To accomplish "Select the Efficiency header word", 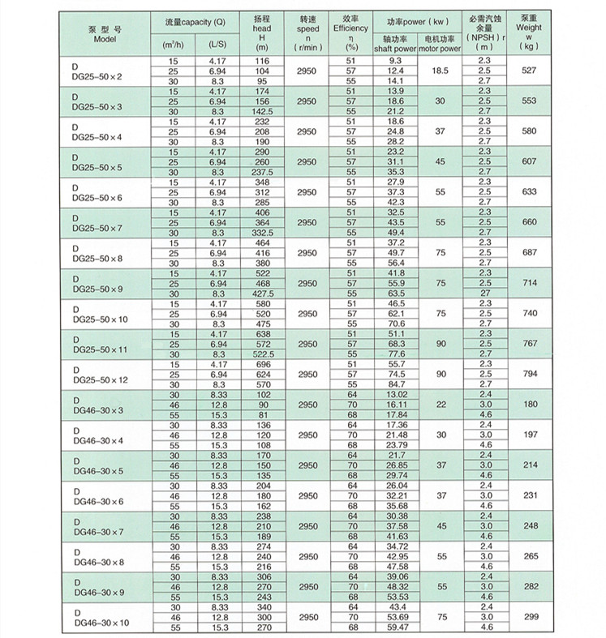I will tap(350, 28).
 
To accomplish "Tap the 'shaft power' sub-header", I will tap(395, 49).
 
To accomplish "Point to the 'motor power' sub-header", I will tap(441, 49).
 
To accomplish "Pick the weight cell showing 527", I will tap(529, 71).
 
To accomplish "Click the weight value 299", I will tap(529, 617).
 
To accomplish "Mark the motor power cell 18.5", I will tap(441, 71).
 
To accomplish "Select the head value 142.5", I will tap(262, 111).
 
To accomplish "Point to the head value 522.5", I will tap(262, 354).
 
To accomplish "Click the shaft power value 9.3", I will tap(395, 62).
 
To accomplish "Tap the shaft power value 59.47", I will tap(395, 627).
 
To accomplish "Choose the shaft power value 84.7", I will tap(395, 384).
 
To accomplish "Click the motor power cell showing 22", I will tap(441, 405).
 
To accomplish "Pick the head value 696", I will tap(262, 364).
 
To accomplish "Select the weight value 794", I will tap(529, 375).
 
